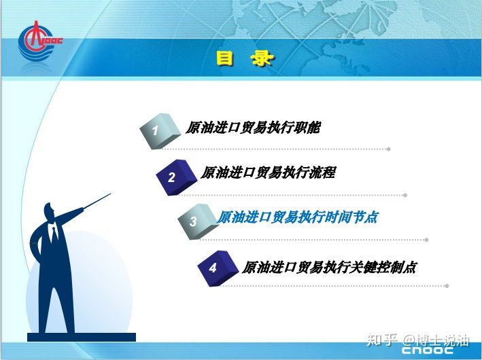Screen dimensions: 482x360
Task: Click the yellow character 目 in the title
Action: click(225, 58)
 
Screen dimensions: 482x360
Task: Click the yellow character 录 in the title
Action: click(262, 58)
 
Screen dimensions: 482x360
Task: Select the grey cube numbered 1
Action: click(160, 131)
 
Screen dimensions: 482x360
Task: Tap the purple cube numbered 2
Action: click(177, 177)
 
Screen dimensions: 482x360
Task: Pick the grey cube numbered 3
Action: click(198, 221)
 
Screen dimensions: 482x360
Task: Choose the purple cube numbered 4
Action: click(218, 268)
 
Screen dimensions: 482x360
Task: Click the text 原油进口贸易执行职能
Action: click(253, 128)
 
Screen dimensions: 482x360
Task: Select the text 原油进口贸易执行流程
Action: click(268, 173)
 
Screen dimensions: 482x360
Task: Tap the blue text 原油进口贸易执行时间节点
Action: click(297, 217)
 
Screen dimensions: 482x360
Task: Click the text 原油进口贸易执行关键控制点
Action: click(329, 267)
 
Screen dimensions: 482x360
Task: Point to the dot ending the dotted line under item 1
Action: click(389, 149)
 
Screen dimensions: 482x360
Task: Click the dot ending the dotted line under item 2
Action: click(405, 195)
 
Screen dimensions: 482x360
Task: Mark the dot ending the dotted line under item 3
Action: click(426, 240)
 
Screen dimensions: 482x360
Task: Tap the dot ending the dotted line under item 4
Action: click(447, 286)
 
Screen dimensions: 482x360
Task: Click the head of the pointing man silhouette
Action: click(49, 211)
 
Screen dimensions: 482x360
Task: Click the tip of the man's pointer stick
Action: click(111, 194)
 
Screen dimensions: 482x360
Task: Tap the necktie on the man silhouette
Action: click(54, 233)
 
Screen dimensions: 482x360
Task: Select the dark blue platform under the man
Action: click(82, 337)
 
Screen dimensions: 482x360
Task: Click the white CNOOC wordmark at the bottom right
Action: click(428, 350)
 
